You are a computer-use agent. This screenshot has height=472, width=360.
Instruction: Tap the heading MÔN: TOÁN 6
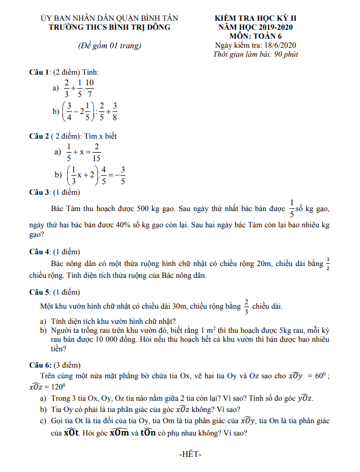pos(256,36)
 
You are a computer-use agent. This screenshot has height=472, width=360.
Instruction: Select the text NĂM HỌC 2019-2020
pos(256,27)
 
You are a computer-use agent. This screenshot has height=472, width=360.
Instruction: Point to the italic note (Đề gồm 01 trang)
pos(109,45)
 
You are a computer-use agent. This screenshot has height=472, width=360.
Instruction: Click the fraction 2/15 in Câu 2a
pos(97,152)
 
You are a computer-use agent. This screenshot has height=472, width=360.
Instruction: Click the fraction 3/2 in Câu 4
pos(329,263)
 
